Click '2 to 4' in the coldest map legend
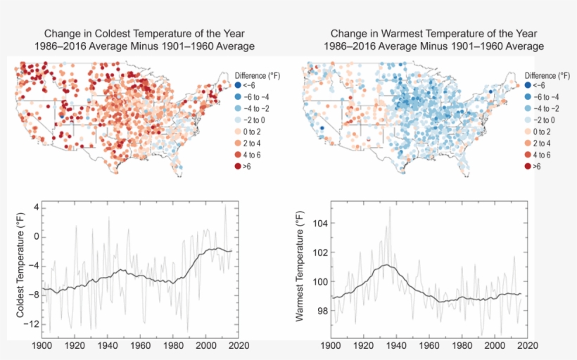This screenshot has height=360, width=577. pos(251,143)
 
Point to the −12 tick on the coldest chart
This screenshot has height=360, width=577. pos(28,325)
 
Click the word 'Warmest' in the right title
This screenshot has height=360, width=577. pos(396,34)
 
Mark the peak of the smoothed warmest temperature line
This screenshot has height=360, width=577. pos(386,265)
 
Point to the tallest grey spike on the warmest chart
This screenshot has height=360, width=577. pos(389,207)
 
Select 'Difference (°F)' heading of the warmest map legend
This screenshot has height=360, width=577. pos(547,75)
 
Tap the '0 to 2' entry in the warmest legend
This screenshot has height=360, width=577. pos(540,131)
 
